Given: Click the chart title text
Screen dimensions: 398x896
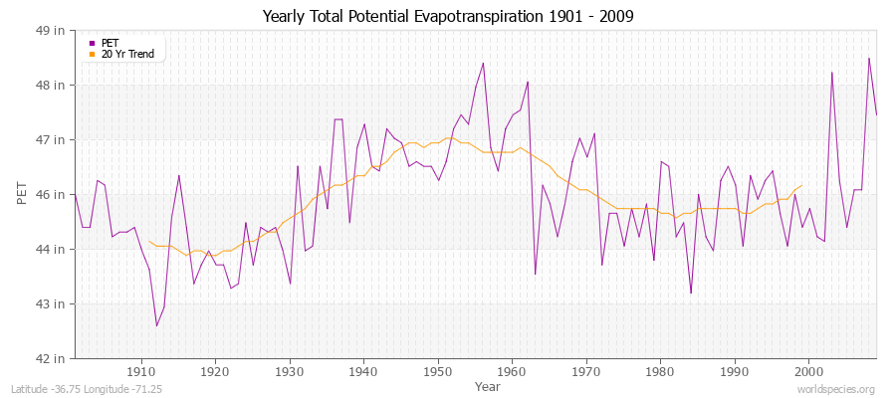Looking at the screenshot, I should click(448, 16).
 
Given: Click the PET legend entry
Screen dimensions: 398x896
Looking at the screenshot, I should click(110, 43).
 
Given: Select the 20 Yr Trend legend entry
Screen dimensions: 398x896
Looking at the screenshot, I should click(127, 54).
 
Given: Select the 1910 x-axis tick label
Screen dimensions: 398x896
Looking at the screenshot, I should click(141, 371).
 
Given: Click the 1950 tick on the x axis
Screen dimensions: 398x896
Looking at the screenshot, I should click(438, 371).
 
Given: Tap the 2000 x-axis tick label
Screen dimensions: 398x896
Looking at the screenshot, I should click(808, 371).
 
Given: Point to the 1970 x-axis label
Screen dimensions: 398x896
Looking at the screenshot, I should click(586, 371).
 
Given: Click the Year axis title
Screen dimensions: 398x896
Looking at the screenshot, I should click(488, 385).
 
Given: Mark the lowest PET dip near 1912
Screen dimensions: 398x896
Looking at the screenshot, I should click(156, 325).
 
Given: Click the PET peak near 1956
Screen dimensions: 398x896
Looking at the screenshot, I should click(483, 63).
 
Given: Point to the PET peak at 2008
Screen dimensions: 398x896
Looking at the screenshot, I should click(868, 58).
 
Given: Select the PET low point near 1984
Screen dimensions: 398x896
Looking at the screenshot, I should click(691, 293).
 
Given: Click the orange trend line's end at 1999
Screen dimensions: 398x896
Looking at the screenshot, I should click(801, 185).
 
